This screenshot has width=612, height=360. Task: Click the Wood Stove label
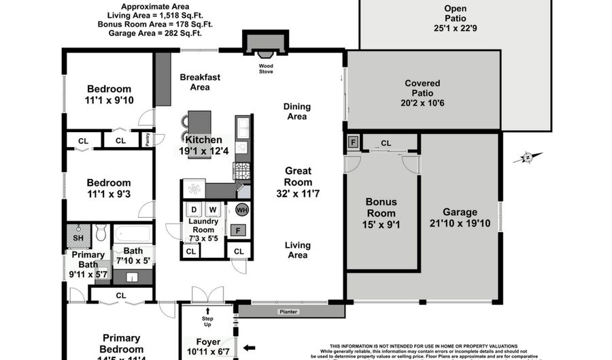coord(266,69)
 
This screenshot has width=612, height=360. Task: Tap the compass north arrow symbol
coord(526,158)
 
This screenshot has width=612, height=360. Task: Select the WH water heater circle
coord(242,210)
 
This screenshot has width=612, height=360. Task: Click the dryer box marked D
coord(194,209)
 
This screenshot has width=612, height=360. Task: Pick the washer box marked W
coord(212,209)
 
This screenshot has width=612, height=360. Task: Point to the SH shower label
coord(78,238)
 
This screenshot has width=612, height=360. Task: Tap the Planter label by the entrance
coord(288,312)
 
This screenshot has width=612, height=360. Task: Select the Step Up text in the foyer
coord(208,321)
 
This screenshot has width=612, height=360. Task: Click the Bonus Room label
coord(381,207)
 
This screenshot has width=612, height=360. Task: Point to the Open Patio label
coord(455,8)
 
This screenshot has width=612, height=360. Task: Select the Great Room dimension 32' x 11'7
coord(298,194)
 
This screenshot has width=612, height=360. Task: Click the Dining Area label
coord(297,111)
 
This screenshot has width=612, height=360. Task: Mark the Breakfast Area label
coord(200,82)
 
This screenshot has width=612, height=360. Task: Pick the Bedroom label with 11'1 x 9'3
coord(108,182)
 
